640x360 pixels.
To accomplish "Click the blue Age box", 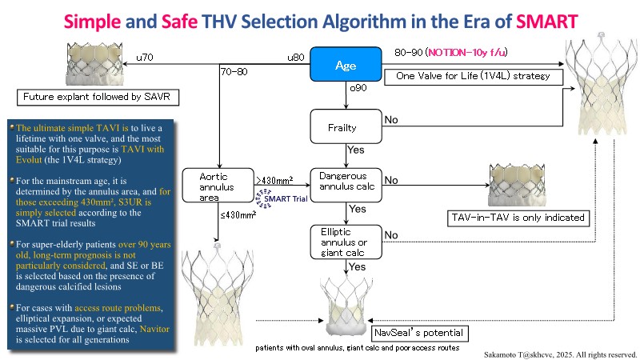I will tap(346, 65).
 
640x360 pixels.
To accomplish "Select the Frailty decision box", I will tap(342, 126).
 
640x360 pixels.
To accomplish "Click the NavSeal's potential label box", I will tap(418, 332).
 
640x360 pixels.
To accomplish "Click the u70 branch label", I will tap(145, 57).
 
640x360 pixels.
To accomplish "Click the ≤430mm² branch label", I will tap(239, 214).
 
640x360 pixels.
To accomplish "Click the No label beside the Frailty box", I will tap(391, 119).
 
